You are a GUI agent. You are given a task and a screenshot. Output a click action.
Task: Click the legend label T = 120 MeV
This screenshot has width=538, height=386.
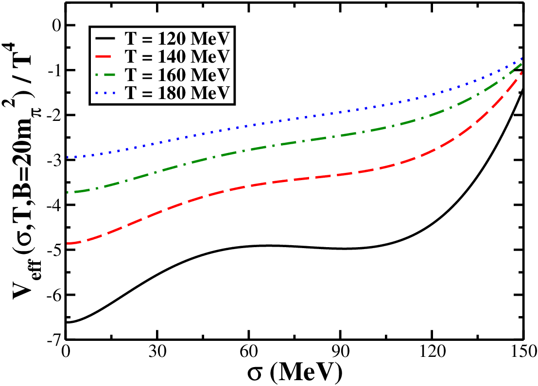click(x=176, y=39)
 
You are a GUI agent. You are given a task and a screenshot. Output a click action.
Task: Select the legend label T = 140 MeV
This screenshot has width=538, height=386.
click(x=176, y=56)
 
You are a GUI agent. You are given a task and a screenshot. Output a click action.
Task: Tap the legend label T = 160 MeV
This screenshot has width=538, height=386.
click(x=176, y=74)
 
